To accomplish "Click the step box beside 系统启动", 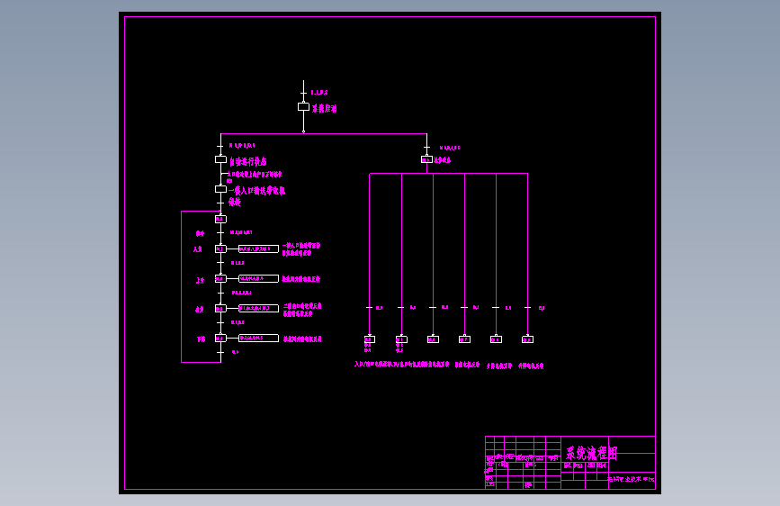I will [303, 106].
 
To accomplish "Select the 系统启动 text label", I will [324, 108].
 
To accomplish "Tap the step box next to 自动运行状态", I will [220, 159].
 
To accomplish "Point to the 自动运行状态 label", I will [247, 162].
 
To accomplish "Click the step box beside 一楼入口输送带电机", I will [220, 189].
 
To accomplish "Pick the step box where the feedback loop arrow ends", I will [220, 219].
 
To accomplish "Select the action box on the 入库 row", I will [258, 248].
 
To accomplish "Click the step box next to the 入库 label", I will [220, 248].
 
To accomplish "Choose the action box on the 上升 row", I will [258, 279].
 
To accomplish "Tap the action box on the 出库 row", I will [258, 309].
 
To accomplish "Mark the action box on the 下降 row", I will [258, 338].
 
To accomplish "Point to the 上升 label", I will [200, 281].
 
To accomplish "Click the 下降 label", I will [200, 339].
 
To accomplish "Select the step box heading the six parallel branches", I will [426, 159].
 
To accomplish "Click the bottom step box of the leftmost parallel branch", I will [369, 339].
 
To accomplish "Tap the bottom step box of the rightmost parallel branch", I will [527, 339].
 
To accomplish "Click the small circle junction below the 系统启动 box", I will [303, 131].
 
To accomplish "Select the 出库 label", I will [200, 310].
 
